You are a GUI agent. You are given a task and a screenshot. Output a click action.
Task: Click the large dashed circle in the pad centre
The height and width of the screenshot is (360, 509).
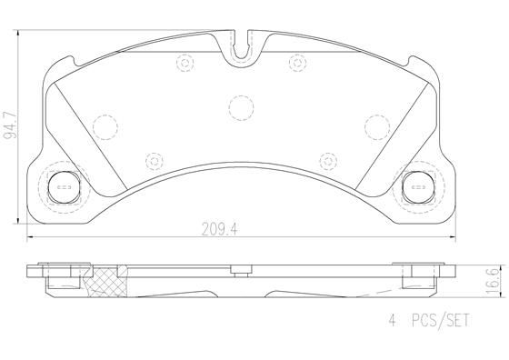(241, 108)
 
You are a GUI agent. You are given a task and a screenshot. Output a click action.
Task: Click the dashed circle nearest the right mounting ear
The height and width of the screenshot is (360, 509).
(376, 124)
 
